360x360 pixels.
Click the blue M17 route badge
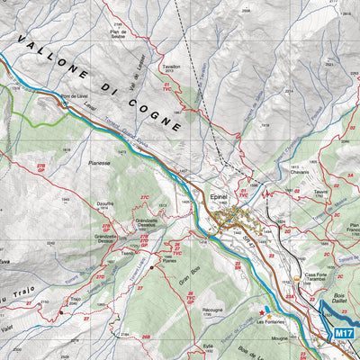(342, 333)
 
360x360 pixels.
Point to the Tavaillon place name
(172, 67)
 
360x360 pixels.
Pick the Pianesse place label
(99, 164)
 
